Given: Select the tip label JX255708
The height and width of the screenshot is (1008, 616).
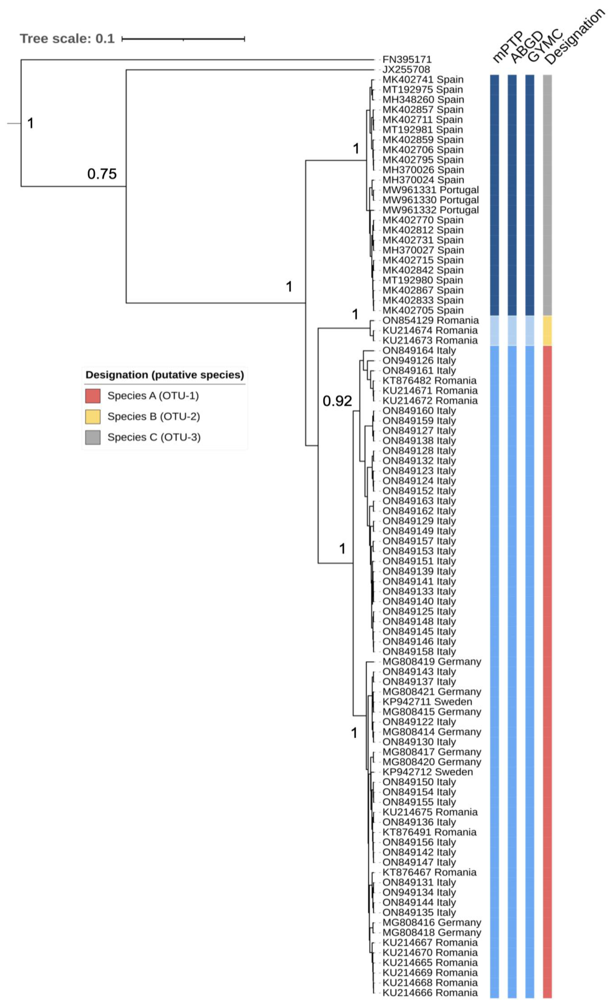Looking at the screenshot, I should pos(406,69).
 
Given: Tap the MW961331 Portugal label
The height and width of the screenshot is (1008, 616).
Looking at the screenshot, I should pos(430,190).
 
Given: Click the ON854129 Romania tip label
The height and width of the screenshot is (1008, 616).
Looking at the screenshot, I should pos(430,320).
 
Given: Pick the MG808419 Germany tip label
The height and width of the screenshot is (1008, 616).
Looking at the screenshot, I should pos(431,662).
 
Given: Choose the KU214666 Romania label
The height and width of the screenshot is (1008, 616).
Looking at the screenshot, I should pos(430,992).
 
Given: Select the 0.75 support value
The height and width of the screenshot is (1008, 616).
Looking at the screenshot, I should pos(102,174).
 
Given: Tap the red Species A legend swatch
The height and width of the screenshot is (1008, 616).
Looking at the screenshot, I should pos(93,396).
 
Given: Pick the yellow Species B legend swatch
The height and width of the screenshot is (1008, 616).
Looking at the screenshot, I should pos(93,416).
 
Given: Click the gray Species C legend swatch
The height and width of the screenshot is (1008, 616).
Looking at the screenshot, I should pos(93,437).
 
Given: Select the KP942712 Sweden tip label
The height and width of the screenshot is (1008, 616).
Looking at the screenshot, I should pos(427,772).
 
